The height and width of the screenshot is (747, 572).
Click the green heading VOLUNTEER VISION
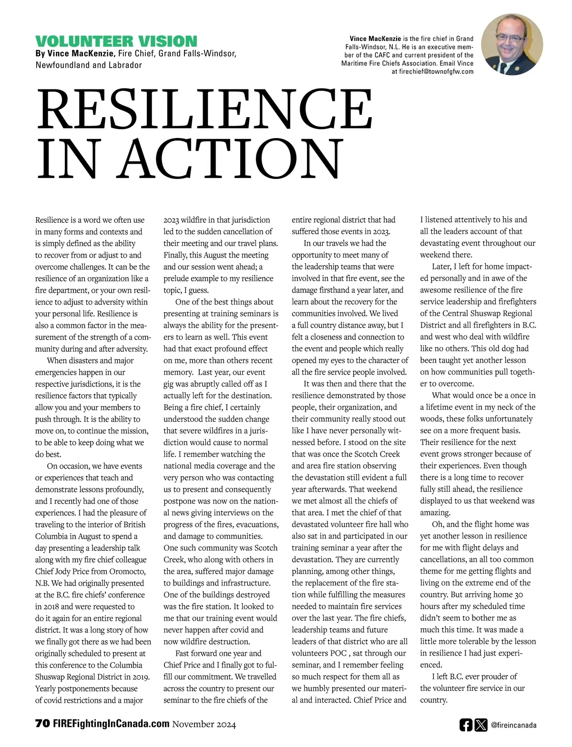116,41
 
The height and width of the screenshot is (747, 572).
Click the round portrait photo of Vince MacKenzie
512,44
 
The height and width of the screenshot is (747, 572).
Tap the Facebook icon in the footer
466,725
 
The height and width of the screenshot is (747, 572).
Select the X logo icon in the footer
481,725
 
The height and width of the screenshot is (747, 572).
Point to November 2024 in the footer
204,725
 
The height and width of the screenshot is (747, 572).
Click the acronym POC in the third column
338,653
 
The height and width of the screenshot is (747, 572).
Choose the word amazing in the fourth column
435,513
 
